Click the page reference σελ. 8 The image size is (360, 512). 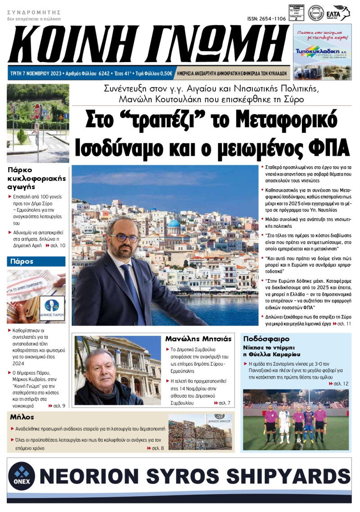pyautogui.click(x=157, y=448)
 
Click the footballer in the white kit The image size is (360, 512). pyautogui.click(x=284, y=421)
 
